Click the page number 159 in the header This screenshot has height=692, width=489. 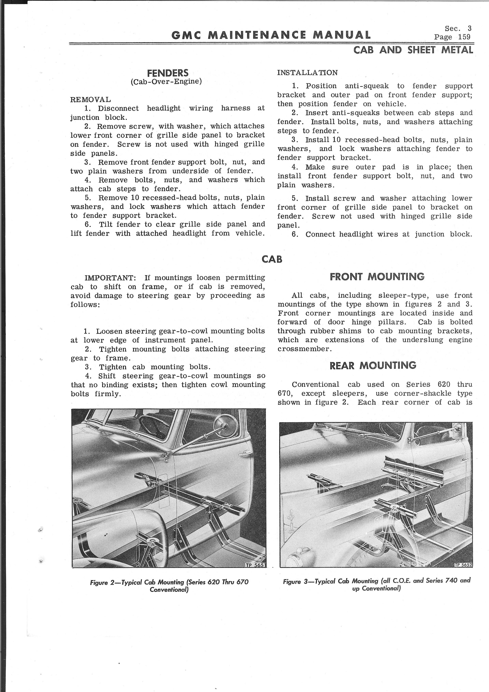(464, 37)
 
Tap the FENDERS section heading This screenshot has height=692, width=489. (168, 73)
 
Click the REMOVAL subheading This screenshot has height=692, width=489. (90, 99)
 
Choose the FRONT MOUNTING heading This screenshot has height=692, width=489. (377, 277)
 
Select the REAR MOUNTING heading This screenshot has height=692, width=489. (373, 366)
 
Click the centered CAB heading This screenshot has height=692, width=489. (272, 259)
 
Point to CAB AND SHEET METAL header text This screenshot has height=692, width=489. (413, 50)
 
